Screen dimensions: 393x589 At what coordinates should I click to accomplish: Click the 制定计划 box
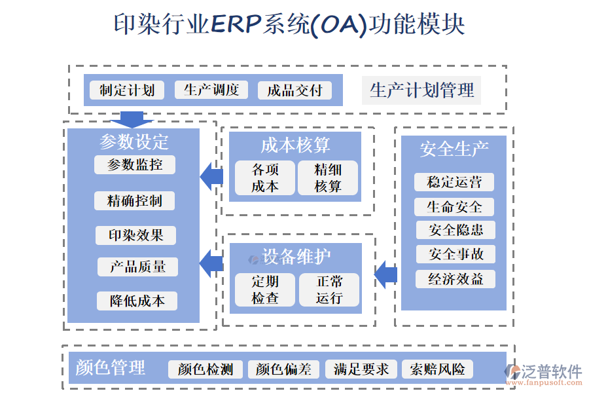click(127, 90)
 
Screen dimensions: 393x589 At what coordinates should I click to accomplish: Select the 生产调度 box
click(211, 90)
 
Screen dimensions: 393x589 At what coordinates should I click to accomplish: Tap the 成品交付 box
click(294, 90)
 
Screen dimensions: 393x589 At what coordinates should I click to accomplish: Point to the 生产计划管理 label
click(421, 90)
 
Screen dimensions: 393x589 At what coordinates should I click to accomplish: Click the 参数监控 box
click(135, 164)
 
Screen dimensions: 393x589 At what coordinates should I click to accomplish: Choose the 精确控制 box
click(135, 200)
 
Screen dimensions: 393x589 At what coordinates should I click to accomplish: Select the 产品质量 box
click(137, 267)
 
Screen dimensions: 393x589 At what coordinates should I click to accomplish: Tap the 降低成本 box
click(137, 301)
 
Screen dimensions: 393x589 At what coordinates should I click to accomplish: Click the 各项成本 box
click(265, 178)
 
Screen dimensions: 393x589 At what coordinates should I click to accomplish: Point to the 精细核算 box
click(328, 178)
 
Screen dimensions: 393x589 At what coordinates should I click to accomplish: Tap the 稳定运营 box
click(454, 182)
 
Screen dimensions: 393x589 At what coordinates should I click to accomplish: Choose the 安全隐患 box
click(455, 230)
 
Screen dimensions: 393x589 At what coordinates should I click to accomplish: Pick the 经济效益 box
click(455, 279)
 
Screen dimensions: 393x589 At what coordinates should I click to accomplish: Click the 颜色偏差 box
click(284, 369)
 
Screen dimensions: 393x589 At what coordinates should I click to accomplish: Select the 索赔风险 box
click(437, 369)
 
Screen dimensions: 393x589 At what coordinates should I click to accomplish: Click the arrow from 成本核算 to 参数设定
click(211, 176)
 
